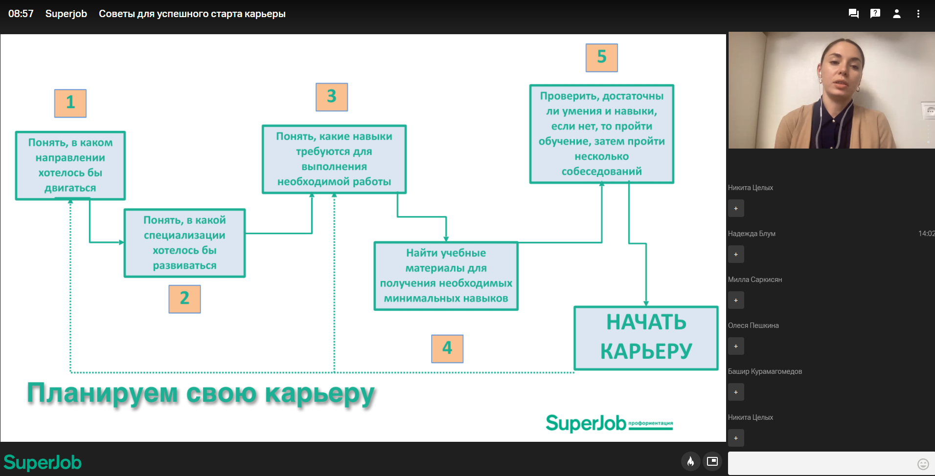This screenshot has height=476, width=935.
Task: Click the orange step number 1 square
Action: click(x=70, y=103)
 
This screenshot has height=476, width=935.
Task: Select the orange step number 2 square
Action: click(x=184, y=299)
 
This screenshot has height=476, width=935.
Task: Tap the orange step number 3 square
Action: click(x=332, y=97)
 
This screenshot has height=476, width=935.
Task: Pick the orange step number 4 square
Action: click(x=447, y=348)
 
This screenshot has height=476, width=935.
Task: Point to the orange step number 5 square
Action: click(x=602, y=58)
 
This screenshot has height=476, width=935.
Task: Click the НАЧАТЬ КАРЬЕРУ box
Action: click(x=646, y=338)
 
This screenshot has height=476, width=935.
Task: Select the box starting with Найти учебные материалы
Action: click(x=446, y=276)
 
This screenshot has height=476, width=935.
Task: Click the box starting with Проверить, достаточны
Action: click(x=602, y=134)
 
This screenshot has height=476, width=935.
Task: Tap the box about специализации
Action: click(x=184, y=243)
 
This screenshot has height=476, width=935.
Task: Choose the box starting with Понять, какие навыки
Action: click(x=334, y=159)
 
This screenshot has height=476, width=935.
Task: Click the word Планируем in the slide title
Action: click(x=102, y=394)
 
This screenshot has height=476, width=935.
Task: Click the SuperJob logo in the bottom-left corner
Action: click(x=43, y=462)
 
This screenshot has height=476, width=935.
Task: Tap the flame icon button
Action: click(x=690, y=461)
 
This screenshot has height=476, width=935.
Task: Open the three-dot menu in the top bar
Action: click(x=918, y=14)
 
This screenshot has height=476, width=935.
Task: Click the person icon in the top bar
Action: click(x=897, y=14)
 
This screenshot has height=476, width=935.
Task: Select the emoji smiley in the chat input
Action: click(x=923, y=464)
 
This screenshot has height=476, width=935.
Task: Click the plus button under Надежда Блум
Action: click(x=736, y=254)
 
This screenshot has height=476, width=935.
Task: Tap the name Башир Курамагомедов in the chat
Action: click(x=765, y=371)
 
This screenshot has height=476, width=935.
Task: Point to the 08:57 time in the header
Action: click(x=21, y=14)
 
